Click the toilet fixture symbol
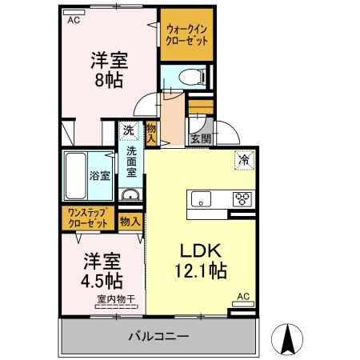(186, 78)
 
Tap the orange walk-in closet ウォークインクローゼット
(186, 34)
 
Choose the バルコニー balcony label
(158, 336)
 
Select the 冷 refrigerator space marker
(243, 159)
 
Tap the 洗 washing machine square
(128, 130)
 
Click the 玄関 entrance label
(200, 138)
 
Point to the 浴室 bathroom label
(99, 175)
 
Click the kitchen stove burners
(241, 198)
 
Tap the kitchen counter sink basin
(200, 198)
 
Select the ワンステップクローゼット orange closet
(88, 218)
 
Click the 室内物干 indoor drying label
(116, 300)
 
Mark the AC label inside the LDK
(243, 298)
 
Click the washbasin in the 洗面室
(130, 196)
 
